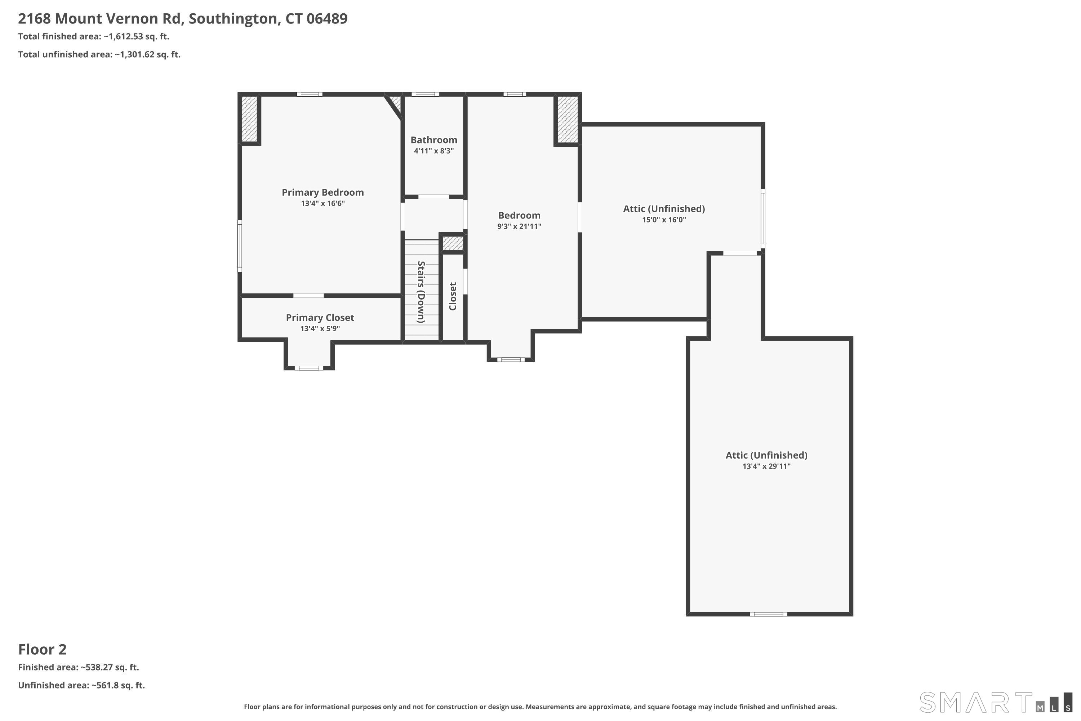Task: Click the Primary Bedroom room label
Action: coord(322,193)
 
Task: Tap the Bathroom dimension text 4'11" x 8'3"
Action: coord(434,151)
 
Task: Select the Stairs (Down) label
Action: coord(421,292)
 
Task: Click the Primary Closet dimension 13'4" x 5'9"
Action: coord(320,328)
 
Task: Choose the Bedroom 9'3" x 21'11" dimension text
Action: coord(519,226)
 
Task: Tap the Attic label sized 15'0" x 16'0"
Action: coord(664,209)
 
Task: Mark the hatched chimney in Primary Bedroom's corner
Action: coord(249,119)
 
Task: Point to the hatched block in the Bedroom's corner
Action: coord(568,120)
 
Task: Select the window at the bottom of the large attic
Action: coord(768,614)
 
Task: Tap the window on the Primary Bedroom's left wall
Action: coord(240,246)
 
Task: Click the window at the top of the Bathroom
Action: coord(425,94)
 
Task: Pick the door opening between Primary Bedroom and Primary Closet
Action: coord(308,295)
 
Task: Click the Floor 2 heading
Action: coord(42,650)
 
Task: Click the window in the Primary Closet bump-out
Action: coord(309,368)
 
